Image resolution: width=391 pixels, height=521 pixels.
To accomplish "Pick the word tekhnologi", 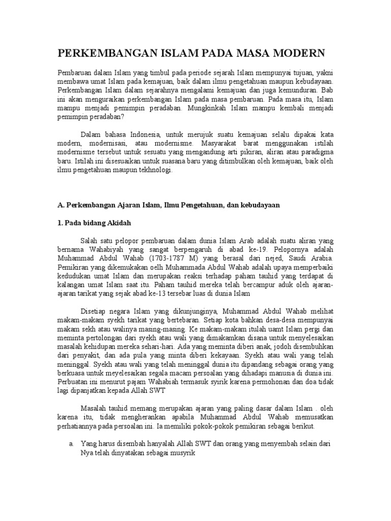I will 153,171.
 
